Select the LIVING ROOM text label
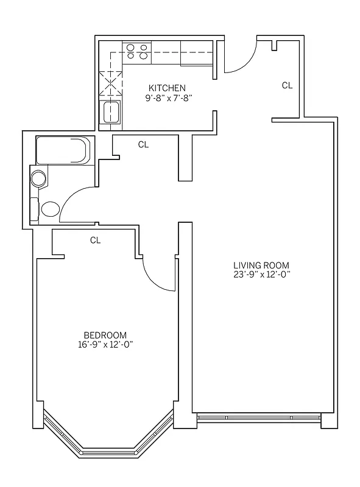click(261, 265)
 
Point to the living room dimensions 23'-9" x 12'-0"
click(261, 274)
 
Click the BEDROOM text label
click(105, 335)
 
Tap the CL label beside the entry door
click(287, 86)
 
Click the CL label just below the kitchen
click(143, 144)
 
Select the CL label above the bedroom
click(95, 240)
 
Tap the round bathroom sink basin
click(39, 178)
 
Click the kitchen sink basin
click(111, 113)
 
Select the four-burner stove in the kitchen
click(137, 51)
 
